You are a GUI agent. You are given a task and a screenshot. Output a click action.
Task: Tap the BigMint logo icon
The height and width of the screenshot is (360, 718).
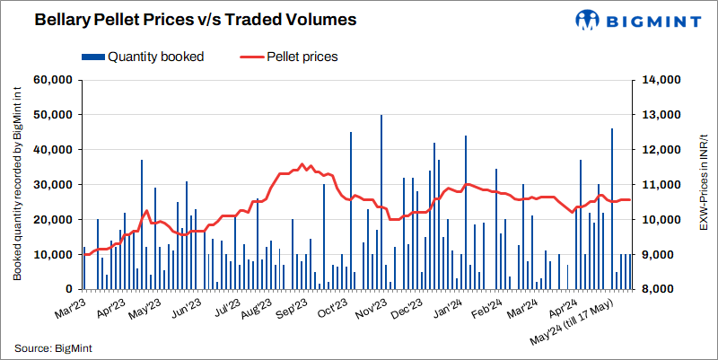coord(588,20)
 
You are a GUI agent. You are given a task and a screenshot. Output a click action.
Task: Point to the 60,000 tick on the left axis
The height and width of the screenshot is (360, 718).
coord(53,80)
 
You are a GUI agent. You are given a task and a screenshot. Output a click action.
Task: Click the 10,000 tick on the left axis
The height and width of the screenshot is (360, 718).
coord(53,255)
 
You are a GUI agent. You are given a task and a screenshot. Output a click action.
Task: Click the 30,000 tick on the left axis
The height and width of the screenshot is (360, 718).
coord(53,185)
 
